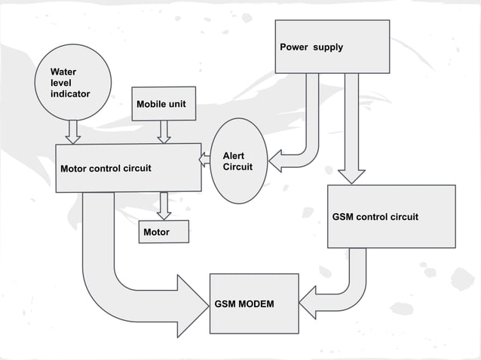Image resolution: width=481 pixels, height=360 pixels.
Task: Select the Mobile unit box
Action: tap(164, 104)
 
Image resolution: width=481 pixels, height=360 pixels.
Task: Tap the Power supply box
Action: tap(332, 47)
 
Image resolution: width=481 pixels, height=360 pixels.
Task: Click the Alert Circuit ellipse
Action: tap(237, 160)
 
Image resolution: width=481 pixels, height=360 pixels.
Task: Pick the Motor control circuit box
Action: tap(128, 167)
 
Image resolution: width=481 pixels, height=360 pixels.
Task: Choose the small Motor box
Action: tap(164, 233)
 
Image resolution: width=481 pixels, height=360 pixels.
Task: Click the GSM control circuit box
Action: tap(391, 216)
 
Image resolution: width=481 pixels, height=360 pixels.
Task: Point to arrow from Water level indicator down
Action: tap(73, 132)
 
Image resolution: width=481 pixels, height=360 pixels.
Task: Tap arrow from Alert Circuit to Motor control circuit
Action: tap(205, 159)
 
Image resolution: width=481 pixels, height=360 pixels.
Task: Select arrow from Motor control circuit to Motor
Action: tap(164, 206)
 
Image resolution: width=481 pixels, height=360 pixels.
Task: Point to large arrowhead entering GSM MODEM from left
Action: tap(192, 306)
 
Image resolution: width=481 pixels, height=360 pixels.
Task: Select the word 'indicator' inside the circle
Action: tap(70, 94)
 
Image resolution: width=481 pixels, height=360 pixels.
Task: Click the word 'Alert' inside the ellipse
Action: tap(233, 155)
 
